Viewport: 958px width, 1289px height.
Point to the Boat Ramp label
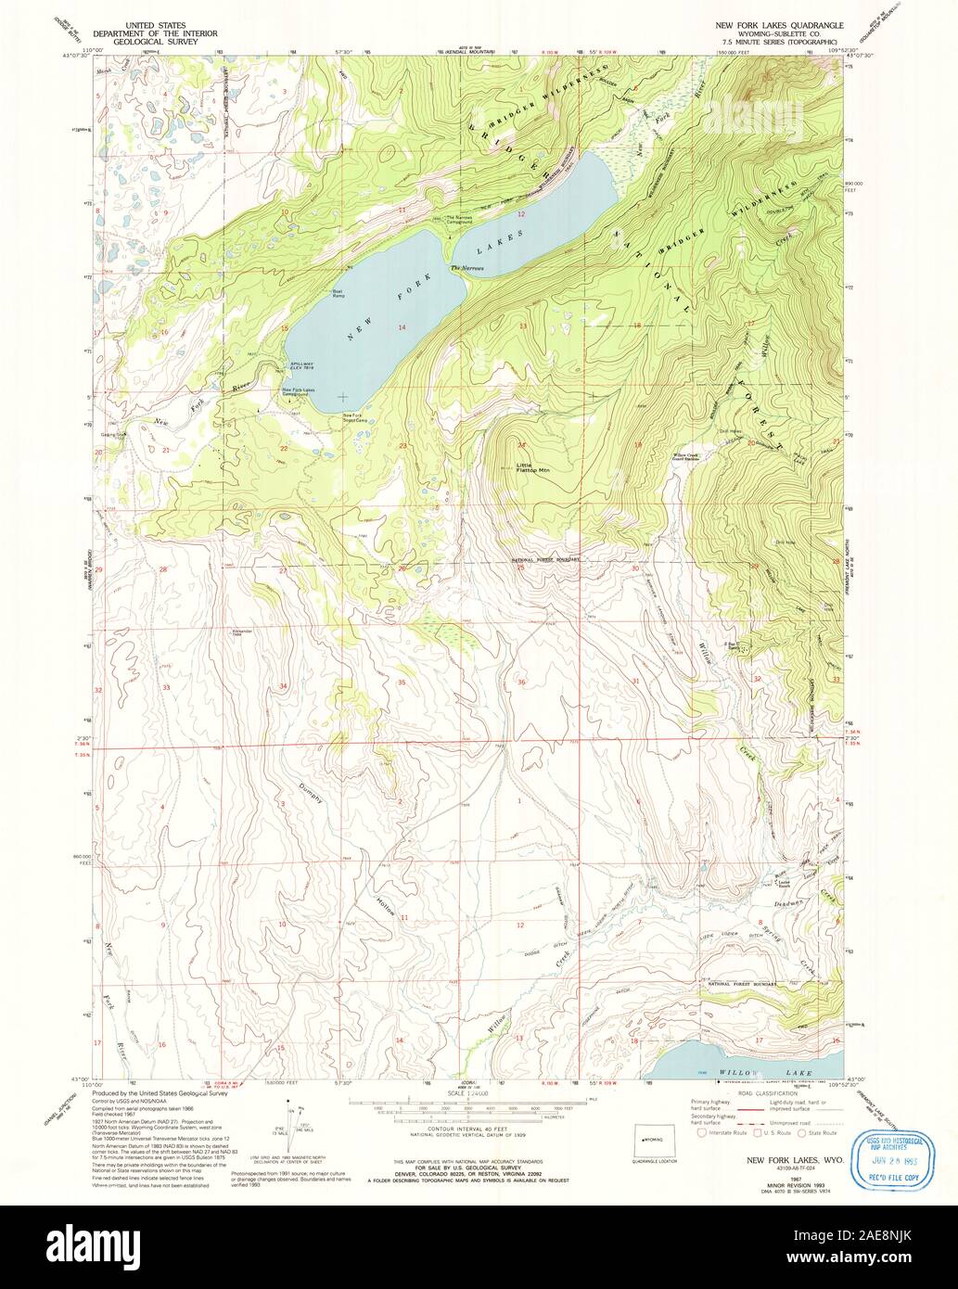[338, 294]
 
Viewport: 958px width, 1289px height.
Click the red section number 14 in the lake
[402, 327]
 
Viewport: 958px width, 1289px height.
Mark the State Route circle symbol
[804, 1133]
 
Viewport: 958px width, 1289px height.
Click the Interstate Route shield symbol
[702, 1133]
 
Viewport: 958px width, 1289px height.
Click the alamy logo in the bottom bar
[479, 1246]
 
